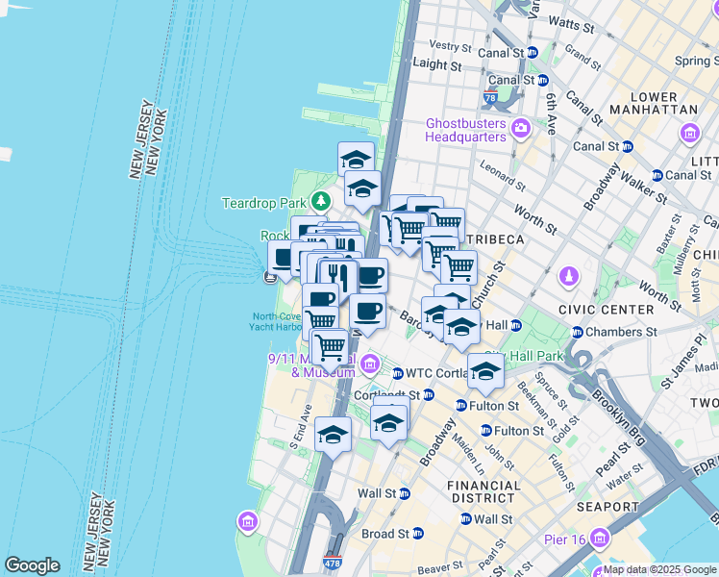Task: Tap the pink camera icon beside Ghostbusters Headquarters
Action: [x=520, y=127]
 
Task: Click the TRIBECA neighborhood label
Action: [x=495, y=238]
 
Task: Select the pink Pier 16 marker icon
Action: [x=601, y=537]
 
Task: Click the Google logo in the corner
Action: [x=32, y=565]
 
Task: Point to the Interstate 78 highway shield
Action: [x=490, y=98]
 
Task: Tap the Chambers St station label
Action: [x=621, y=332]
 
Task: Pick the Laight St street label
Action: [x=436, y=64]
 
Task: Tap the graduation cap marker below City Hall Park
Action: [x=485, y=370]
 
